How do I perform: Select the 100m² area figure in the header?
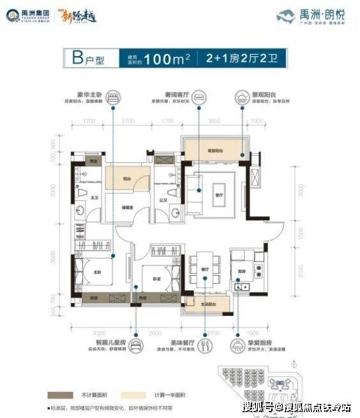click(169, 60)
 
